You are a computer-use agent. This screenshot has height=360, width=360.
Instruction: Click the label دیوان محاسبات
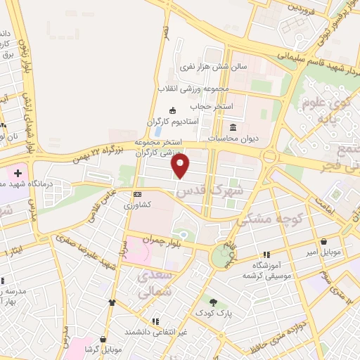(233, 139)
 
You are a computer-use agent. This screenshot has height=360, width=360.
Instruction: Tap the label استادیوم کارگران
(173, 122)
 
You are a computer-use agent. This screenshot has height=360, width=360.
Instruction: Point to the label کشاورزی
(137, 205)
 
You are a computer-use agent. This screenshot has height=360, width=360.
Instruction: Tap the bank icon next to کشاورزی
(137, 194)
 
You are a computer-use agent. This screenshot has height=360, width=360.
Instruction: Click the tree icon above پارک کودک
(213, 300)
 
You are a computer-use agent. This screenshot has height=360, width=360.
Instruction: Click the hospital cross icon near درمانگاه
(18, 172)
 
